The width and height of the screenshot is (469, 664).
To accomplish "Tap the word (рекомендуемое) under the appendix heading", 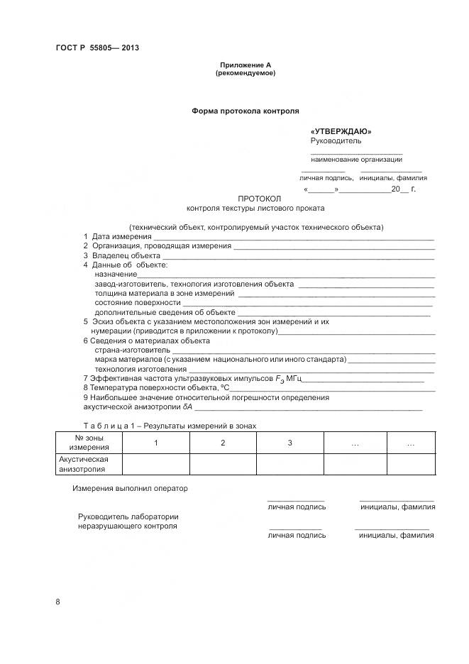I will (x=245, y=73).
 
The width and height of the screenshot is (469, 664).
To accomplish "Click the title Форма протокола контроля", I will (x=245, y=111).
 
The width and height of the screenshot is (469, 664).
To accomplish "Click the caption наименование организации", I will (x=356, y=159).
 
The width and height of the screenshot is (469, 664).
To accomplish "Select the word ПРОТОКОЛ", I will (x=260, y=199).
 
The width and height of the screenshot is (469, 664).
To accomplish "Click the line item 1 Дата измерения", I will (x=118, y=236).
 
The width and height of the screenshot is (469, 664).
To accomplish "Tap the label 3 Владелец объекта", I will (x=122, y=255).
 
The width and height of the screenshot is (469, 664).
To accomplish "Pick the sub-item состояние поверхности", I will (x=137, y=303).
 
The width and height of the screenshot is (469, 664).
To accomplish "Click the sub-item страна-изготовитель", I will (x=132, y=350).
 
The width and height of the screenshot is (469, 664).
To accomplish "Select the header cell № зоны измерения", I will (x=89, y=443).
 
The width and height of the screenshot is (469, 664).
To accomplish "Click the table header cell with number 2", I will (x=222, y=443).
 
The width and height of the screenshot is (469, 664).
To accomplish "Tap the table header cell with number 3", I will (x=289, y=443).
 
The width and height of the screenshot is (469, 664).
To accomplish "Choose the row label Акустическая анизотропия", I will (x=82, y=464).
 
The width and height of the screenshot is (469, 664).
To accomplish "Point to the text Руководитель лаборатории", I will (x=128, y=516).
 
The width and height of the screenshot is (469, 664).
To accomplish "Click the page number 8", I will (x=57, y=602).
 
